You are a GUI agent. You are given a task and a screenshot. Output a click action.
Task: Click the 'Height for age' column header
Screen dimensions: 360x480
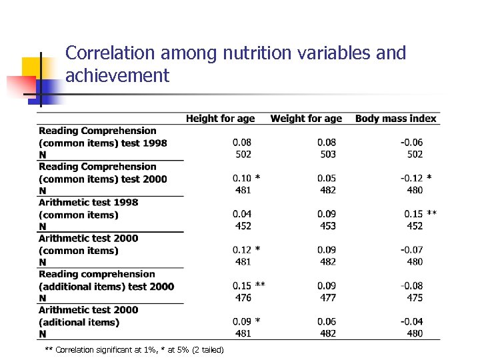220,119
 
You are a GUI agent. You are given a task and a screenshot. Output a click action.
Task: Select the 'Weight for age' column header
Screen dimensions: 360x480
306,119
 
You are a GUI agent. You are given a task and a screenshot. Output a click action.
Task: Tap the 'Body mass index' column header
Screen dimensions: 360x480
395,119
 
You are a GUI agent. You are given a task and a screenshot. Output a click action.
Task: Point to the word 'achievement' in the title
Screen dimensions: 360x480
117,76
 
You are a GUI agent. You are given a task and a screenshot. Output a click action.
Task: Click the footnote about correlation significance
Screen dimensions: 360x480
133,350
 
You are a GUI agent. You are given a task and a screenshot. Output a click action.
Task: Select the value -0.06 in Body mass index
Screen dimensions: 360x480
411,142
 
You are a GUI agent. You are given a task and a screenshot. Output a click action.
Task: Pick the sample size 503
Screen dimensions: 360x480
327,154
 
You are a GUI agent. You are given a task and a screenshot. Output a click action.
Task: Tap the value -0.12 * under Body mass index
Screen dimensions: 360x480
415,178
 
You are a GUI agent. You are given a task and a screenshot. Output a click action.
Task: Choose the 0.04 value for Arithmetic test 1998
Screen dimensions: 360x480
242,214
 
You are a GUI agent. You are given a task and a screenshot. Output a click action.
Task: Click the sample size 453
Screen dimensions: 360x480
327,226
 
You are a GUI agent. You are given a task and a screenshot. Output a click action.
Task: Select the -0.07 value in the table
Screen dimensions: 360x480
411,250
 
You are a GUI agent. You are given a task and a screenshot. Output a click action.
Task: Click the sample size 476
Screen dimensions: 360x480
243,297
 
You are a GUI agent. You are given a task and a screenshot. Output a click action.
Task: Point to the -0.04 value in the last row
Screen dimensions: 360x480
411,321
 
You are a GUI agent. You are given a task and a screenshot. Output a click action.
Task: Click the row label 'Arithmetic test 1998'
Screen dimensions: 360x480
89,202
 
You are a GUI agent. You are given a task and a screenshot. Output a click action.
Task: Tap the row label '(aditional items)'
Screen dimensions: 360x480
79,322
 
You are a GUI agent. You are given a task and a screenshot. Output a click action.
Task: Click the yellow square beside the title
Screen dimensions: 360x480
33,67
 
